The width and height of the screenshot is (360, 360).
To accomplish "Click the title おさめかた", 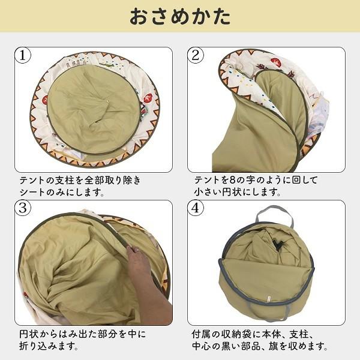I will click(x=180, y=16).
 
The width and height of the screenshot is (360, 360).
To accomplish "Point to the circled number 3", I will click(x=23, y=209).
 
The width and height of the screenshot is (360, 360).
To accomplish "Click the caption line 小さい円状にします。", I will click(x=238, y=193).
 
